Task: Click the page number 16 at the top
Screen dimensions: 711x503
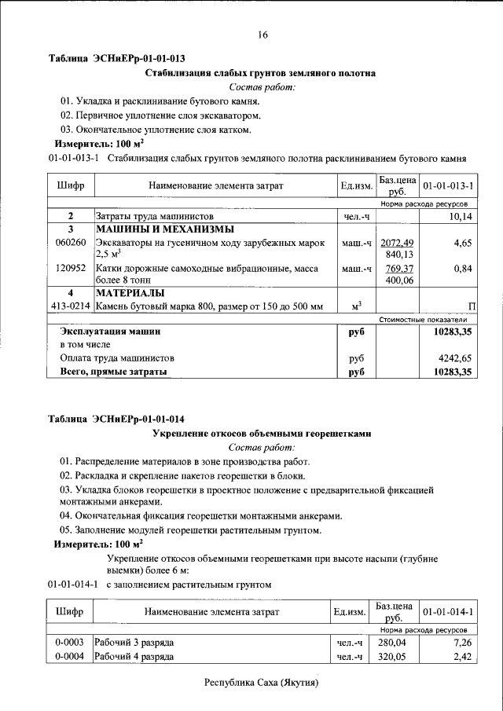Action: pos(262,35)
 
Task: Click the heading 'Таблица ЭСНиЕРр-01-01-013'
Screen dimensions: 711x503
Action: pos(116,58)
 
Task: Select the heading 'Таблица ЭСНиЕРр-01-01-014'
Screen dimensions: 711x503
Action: pos(116,418)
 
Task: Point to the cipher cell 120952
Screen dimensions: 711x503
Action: pos(71,269)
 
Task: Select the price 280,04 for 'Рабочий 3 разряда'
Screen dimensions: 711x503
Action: pos(396,643)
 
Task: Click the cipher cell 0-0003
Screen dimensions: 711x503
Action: pos(69,643)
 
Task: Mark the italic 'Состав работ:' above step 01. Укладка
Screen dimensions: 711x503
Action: pos(261,87)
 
